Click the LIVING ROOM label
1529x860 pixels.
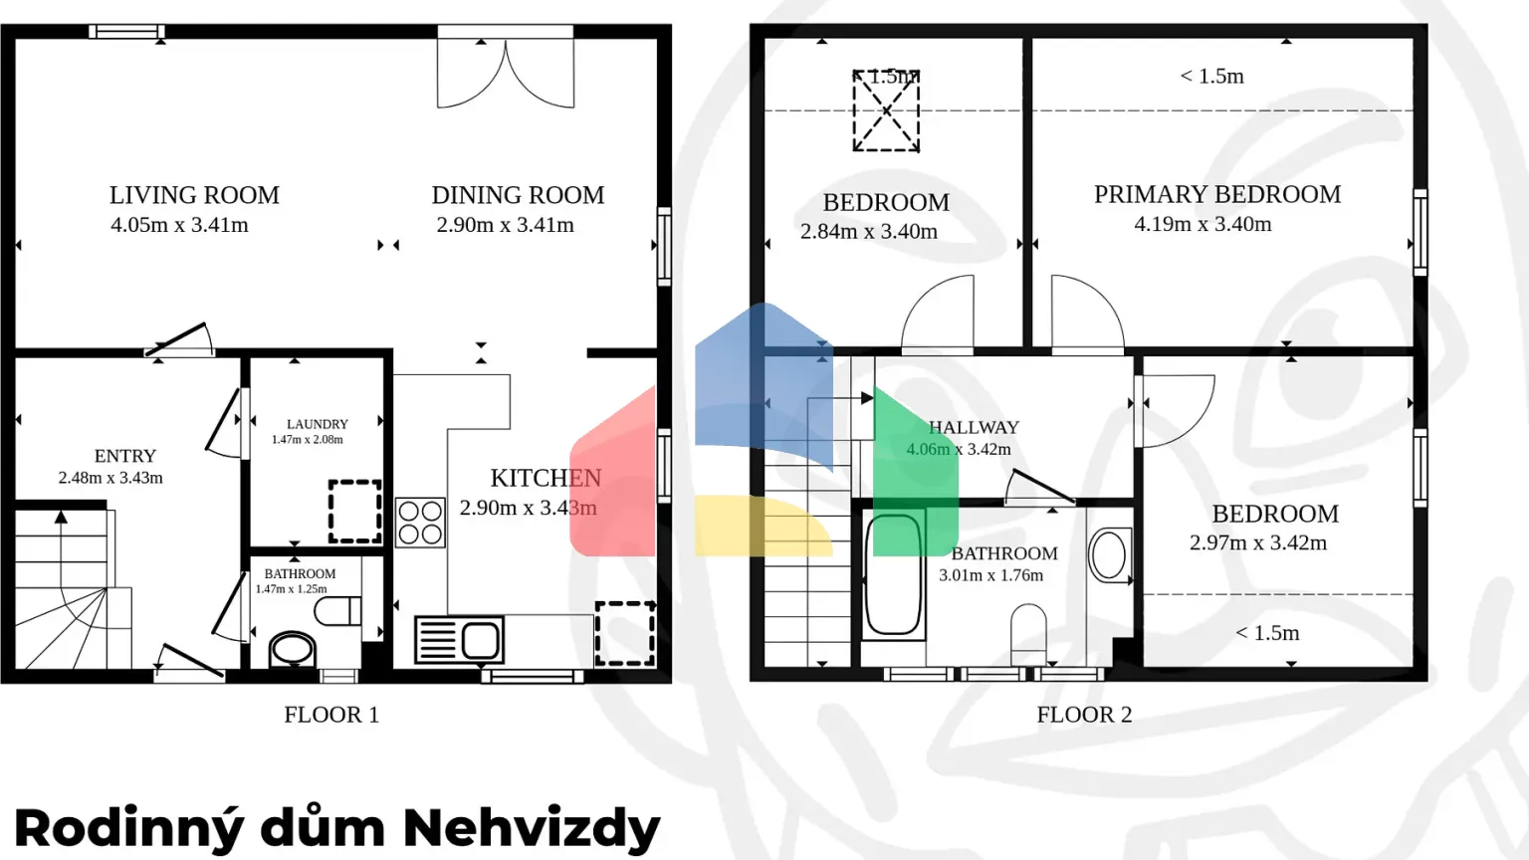(x=194, y=195)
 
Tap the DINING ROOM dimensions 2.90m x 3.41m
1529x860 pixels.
(x=505, y=225)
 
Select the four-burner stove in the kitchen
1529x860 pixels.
(x=420, y=523)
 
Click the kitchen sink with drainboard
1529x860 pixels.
(x=459, y=640)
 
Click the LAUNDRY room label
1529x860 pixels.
(x=317, y=424)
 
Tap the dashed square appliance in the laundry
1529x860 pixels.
(x=355, y=512)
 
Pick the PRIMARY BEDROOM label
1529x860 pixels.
(x=1216, y=194)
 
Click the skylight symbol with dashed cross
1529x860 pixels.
(x=886, y=110)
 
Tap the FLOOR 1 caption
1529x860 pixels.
(x=331, y=715)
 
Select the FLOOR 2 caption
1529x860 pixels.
(x=1084, y=715)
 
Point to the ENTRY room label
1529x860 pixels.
(x=125, y=456)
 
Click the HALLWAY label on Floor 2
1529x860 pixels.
(x=974, y=427)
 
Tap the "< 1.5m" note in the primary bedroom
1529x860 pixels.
(x=1211, y=77)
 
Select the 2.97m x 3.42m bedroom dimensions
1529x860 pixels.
(x=1257, y=542)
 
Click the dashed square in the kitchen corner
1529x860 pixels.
(x=625, y=633)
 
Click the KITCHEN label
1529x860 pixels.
(x=546, y=478)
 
